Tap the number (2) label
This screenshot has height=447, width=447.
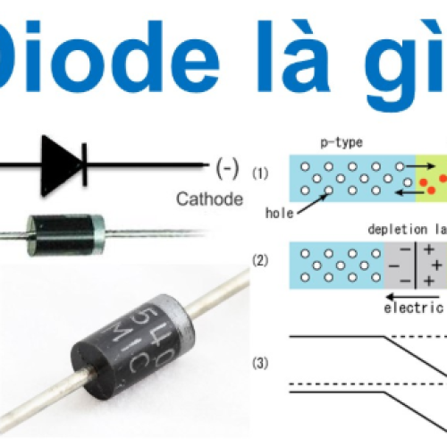point(260,261)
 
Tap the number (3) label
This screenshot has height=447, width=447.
point(260,364)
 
